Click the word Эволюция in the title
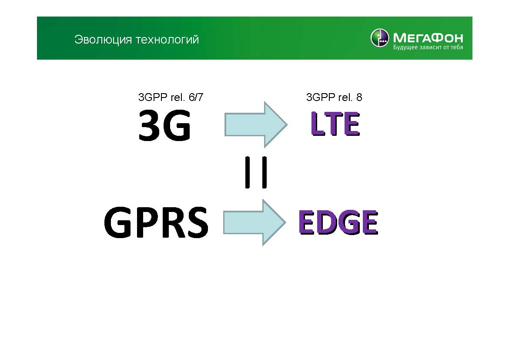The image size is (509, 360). coord(103,40)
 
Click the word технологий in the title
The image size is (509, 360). coord(167,40)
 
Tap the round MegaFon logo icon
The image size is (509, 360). coord(380,38)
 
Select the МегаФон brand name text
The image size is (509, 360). coord(428,38)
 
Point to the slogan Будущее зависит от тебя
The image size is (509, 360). coord(428,47)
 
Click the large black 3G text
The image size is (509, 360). coord(164,125)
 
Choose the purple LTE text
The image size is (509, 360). coord(335,124)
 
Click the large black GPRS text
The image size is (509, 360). coord(156,222)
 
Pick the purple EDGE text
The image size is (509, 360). coord(338,222)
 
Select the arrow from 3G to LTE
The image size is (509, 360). coord(256,124)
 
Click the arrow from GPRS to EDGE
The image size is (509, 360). coord(254,222)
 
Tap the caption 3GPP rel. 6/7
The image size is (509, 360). coord(171,97)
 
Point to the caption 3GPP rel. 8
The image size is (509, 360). coord(334,97)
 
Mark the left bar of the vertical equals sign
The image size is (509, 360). coord(248,172)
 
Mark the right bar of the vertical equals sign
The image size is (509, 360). coord(264,172)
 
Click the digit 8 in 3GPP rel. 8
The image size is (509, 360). coord(359,97)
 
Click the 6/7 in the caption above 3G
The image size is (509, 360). coord(196,97)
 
